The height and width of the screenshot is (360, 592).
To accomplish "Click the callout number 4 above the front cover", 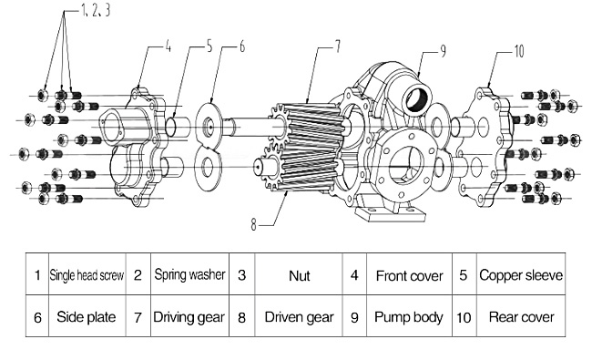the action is (168, 46).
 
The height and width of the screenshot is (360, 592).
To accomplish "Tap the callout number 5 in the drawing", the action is (209, 46).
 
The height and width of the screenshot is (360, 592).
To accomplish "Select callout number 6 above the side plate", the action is (242, 46).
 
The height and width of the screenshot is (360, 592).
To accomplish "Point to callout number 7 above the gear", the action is (338, 46).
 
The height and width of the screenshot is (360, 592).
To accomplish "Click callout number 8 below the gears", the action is (254, 224).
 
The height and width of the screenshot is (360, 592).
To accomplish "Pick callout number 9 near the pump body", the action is (443, 51).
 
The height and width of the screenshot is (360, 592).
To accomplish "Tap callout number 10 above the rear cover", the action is (519, 51).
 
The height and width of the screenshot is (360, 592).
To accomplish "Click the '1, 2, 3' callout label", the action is (96, 10).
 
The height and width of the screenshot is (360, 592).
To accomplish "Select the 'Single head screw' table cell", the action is (87, 274).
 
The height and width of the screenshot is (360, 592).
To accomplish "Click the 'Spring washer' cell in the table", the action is (190, 274).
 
